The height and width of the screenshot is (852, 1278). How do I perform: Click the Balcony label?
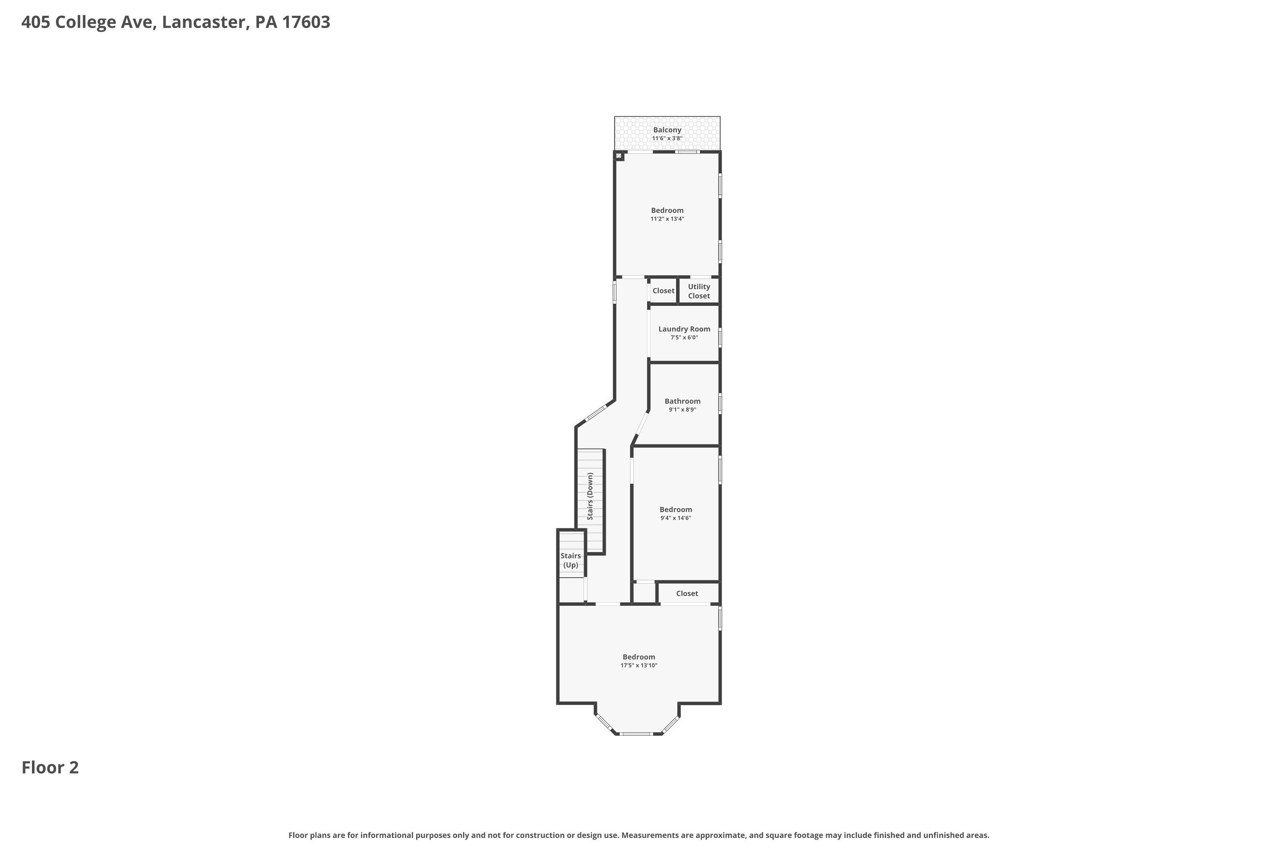[667, 130]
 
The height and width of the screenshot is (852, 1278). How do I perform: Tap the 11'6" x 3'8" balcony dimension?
[667, 138]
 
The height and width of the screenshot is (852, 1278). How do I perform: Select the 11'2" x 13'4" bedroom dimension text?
[667, 219]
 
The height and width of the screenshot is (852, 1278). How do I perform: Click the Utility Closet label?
[699, 291]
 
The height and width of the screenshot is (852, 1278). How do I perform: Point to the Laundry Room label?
[684, 329]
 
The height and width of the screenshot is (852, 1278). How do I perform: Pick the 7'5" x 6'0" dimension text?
[684, 337]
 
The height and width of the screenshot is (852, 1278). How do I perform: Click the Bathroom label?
[682, 401]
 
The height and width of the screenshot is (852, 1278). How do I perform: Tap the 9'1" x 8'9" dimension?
[682, 410]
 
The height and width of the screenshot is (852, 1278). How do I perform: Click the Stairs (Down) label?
[590, 496]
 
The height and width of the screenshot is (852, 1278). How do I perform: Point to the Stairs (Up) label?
[570, 560]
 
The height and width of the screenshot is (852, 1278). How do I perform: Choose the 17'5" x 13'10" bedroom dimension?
[639, 665]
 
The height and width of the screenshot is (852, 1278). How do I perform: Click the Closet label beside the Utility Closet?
[663, 291]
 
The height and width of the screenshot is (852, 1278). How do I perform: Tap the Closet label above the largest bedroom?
[687, 593]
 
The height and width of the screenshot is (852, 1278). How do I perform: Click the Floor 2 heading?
[50, 767]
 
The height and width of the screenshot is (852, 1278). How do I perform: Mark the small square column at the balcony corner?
[619, 156]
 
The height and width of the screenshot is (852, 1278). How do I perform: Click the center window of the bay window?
[637, 734]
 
